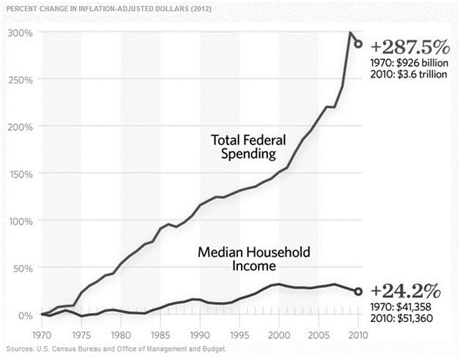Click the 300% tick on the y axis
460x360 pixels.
click(21, 33)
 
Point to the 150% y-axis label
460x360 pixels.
click(21, 173)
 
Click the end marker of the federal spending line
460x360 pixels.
click(358, 44)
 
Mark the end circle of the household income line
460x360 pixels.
click(358, 291)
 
